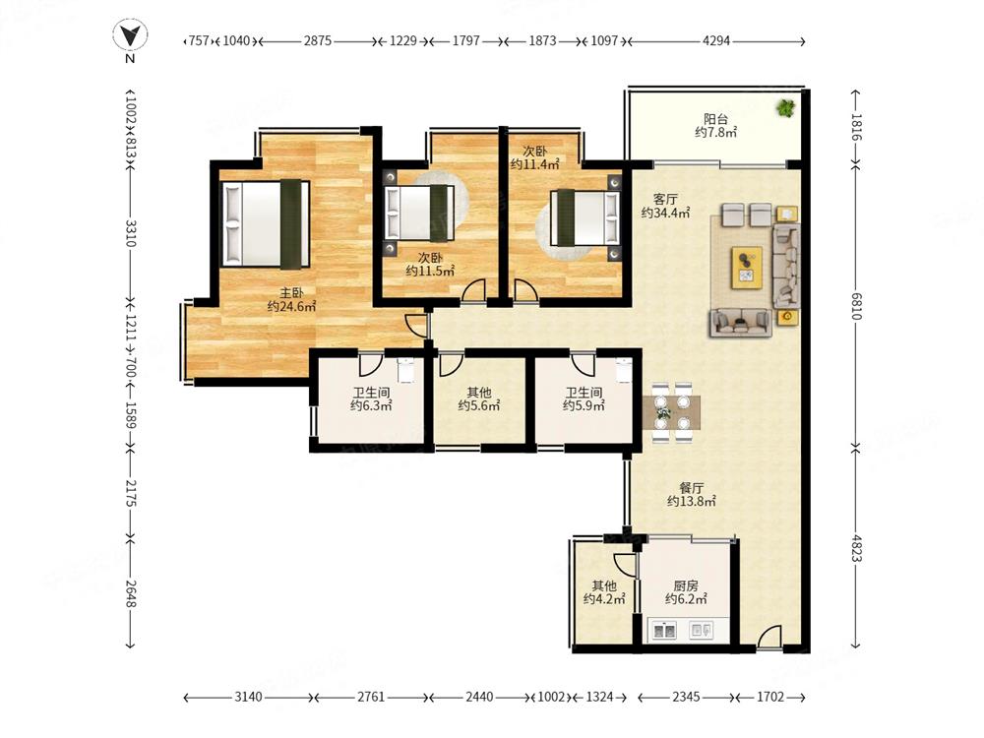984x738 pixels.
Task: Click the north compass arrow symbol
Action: [x=130, y=35]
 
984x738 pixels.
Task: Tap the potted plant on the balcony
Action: [x=785, y=108]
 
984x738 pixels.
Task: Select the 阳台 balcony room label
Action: [x=715, y=119]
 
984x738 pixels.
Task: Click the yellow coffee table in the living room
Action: [x=747, y=268]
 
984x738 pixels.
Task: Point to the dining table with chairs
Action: [x=671, y=411]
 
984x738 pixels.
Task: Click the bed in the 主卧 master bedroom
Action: [x=266, y=224]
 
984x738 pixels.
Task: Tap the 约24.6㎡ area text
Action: [x=291, y=306]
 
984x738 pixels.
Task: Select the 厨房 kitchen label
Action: [x=685, y=585]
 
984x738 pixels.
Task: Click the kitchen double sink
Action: [x=664, y=630]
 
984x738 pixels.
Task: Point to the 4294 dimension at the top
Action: [x=716, y=40]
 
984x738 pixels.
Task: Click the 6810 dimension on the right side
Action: [x=856, y=305]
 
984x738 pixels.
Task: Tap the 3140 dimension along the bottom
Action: [x=249, y=697]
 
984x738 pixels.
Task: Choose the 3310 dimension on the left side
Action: [x=131, y=232]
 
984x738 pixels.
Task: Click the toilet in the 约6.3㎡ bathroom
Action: [x=406, y=370]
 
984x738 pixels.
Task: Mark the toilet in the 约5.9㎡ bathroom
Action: [x=623, y=370]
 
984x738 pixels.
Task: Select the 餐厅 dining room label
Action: [x=691, y=488]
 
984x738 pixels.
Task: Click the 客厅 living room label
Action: [x=665, y=200]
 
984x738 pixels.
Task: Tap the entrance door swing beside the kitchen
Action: [x=769, y=637]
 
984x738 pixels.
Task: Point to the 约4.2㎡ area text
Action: [x=604, y=598]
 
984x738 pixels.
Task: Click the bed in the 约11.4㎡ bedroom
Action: [x=584, y=217]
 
